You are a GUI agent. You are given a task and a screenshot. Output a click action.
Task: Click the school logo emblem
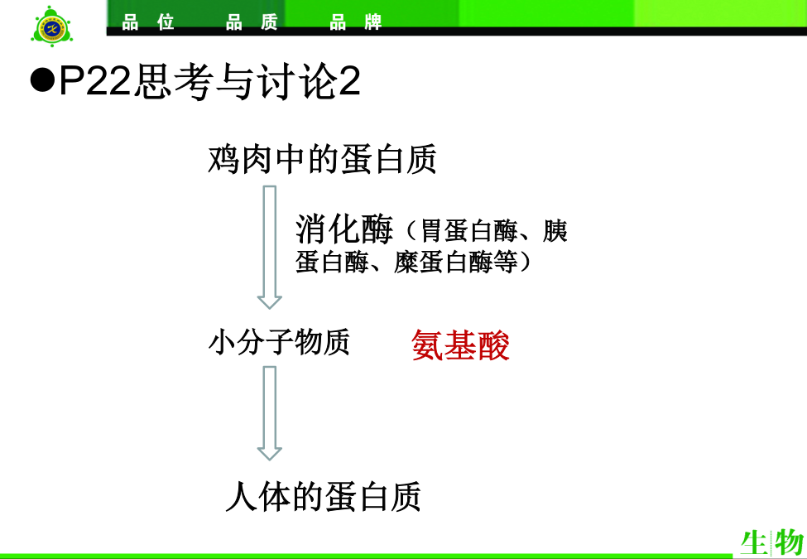(51, 27)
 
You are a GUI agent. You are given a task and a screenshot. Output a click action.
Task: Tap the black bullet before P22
(42, 80)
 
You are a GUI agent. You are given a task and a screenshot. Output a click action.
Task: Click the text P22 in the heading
(95, 80)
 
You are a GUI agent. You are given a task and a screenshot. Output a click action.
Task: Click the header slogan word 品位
(148, 22)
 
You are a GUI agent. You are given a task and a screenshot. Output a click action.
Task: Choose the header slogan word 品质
(252, 22)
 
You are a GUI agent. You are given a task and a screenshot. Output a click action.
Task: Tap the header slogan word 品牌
(356, 22)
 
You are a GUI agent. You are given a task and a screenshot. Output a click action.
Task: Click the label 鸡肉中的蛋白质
(322, 159)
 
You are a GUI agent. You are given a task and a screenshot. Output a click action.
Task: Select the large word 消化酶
(344, 229)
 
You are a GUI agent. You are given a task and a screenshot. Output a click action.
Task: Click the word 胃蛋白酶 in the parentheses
(469, 230)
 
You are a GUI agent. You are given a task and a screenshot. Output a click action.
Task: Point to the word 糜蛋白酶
(443, 262)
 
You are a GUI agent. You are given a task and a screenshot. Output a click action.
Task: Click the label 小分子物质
(279, 342)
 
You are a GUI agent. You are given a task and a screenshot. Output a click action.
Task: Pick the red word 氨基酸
(461, 345)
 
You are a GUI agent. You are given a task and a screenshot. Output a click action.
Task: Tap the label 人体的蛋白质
(323, 497)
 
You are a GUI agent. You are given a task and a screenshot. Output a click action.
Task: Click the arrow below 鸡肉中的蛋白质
(270, 247)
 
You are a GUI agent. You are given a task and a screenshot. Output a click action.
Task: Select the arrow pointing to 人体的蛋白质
(270, 413)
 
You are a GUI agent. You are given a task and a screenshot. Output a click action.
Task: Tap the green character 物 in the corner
(789, 542)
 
